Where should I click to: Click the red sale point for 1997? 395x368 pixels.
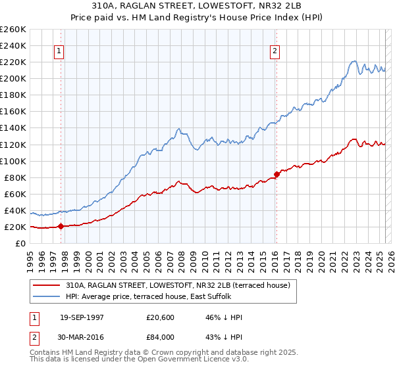pyautogui.click(x=61, y=226)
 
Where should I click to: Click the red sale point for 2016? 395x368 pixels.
pyautogui.click(x=276, y=173)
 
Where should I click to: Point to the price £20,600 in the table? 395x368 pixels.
pyautogui.click(x=161, y=317)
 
